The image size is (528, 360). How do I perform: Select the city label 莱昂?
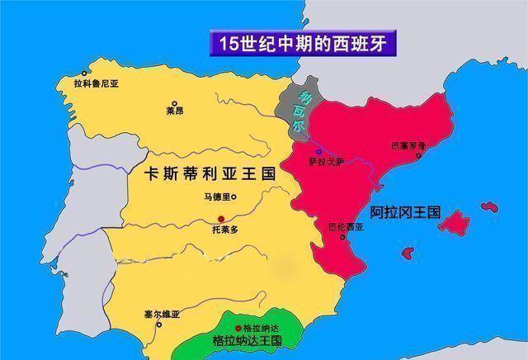[x=174, y=111]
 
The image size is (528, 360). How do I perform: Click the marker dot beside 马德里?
[x=234, y=197]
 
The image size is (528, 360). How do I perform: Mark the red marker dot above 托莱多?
[x=221, y=218]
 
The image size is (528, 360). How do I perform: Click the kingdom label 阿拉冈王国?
[x=406, y=212]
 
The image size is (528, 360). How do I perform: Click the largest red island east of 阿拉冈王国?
[x=453, y=222]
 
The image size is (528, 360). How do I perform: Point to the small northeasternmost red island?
[x=490, y=206]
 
